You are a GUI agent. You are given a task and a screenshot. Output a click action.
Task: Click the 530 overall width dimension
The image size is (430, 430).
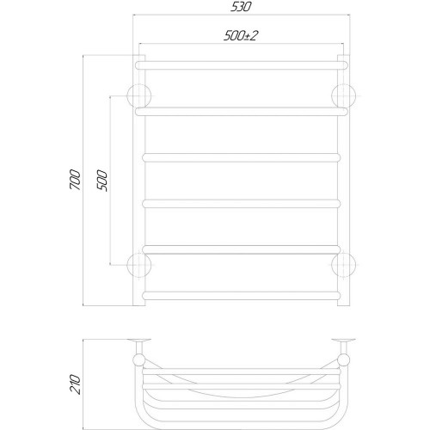pyautogui.click(x=241, y=7)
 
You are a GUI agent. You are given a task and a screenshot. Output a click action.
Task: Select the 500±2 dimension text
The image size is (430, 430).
pyautogui.click(x=241, y=36)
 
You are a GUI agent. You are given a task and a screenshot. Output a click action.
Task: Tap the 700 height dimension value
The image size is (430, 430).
pyautogui.click(x=75, y=180)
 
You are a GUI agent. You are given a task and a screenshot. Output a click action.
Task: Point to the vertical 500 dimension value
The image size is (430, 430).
pyautogui.click(x=102, y=181)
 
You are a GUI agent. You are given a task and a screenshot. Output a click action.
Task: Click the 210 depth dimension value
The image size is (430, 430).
pyautogui.click(x=75, y=384)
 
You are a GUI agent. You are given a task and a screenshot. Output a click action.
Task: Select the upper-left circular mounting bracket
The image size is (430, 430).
pyautogui.click(x=139, y=96)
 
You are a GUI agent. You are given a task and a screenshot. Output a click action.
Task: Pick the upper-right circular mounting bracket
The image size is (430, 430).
pyautogui.click(x=343, y=96)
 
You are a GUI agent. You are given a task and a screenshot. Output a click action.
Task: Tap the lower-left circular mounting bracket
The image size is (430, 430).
pyautogui.click(x=139, y=265)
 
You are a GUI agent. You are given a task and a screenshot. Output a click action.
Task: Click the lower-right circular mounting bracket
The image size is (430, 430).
pyautogui.click(x=343, y=265)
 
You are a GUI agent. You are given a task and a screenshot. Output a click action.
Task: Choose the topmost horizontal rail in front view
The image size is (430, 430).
pyautogui.click(x=242, y=65)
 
